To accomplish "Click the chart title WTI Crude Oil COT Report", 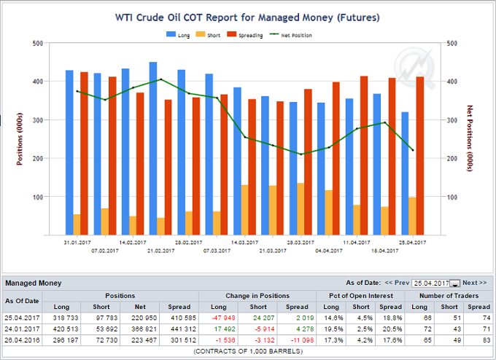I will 247,16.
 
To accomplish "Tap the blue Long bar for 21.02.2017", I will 153,149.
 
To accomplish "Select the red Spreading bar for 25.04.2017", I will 420,156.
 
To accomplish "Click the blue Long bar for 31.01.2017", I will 69,153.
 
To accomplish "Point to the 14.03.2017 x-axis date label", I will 242,242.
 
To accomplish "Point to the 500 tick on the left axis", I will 36,43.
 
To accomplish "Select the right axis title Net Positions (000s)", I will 470,138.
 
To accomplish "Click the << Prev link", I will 397,283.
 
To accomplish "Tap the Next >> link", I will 474,283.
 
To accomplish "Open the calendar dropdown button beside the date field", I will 454,283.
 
